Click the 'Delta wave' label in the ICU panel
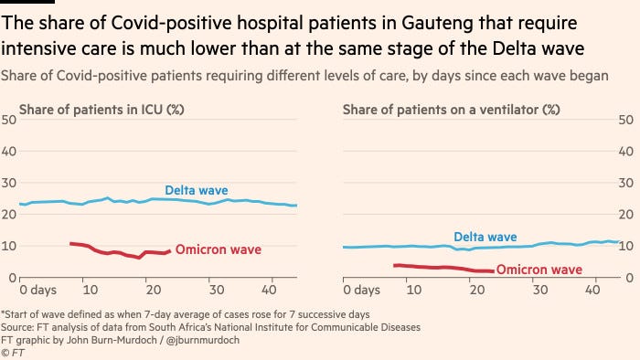coord(197,191)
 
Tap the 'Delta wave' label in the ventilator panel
coord(485,237)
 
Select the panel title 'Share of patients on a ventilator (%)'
coord(451,110)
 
